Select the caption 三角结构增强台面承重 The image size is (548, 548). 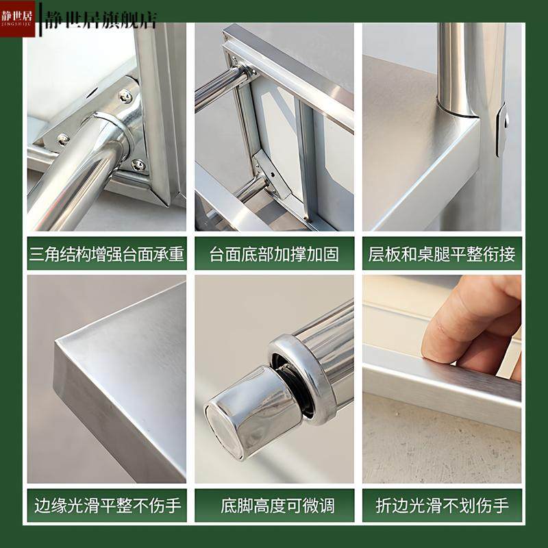click(107, 255)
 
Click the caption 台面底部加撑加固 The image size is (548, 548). click(274, 255)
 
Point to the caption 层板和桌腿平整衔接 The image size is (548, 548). click(442, 255)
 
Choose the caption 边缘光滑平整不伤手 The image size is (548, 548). click(107, 506)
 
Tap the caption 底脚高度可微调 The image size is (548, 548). click(274, 506)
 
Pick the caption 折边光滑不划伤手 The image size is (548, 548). click(442, 506)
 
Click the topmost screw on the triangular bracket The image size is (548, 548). click(125, 97)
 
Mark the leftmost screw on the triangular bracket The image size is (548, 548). click(63, 139)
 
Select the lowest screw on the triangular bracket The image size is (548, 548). click(138, 164)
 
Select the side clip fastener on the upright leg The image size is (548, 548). click(503, 127)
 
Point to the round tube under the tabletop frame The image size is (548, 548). click(219, 86)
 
